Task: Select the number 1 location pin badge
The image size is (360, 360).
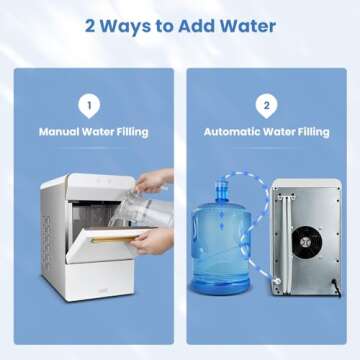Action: pos(90,104)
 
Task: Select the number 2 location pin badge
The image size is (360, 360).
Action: pos(267,104)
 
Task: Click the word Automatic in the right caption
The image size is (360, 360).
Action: pos(235,130)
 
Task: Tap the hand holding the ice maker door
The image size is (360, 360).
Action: pos(150,239)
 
